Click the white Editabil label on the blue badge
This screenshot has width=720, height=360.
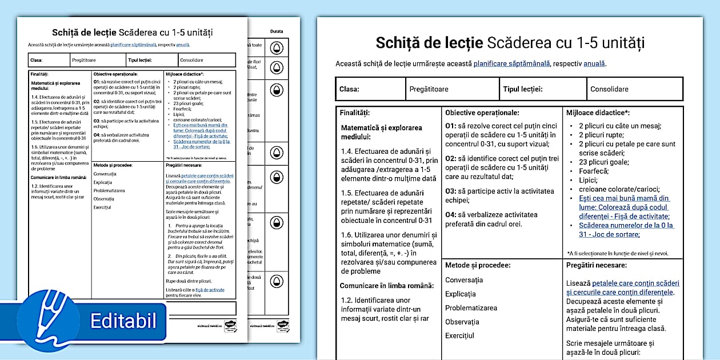(123, 320)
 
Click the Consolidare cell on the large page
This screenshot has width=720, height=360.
(609, 89)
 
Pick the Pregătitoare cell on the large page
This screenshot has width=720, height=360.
(429, 89)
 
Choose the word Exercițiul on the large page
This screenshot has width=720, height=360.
(459, 336)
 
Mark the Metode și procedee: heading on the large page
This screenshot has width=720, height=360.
(478, 265)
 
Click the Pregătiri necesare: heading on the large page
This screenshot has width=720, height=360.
(597, 265)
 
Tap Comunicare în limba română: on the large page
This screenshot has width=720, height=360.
(386, 286)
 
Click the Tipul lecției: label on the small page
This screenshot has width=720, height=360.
(144, 60)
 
